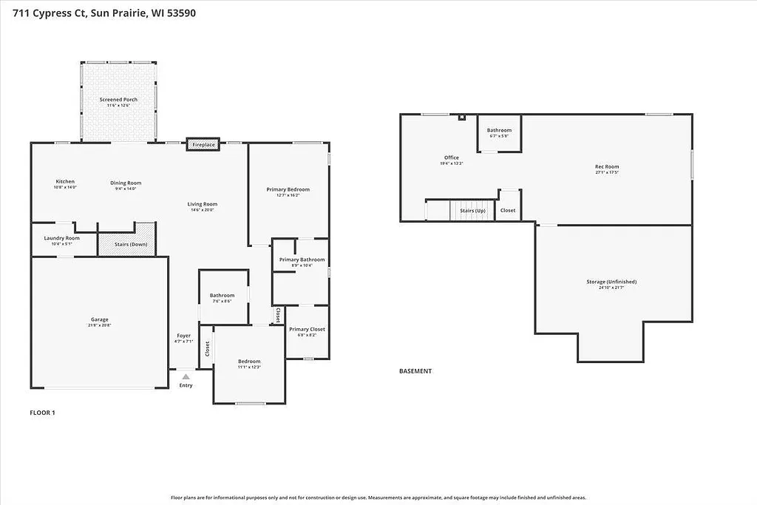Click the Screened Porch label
pyautogui.click(x=118, y=100)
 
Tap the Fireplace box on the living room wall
pyautogui.click(x=203, y=145)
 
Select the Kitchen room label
pyautogui.click(x=65, y=182)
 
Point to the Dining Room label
pyautogui.click(x=126, y=183)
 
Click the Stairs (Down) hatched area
pyautogui.click(x=126, y=244)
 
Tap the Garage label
pyautogui.click(x=99, y=319)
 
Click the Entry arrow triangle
pyautogui.click(x=186, y=377)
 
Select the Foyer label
pyautogui.click(x=183, y=336)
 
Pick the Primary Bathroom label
pyautogui.click(x=302, y=260)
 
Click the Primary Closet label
pyautogui.click(x=307, y=329)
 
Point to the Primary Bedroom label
pyautogui.click(x=288, y=189)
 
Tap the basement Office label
pyautogui.click(x=452, y=157)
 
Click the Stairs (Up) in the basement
pyautogui.click(x=472, y=211)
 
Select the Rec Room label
pyautogui.click(x=607, y=167)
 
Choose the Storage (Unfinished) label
pyautogui.click(x=611, y=282)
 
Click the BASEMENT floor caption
pyautogui.click(x=415, y=371)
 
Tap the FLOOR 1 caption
pyautogui.click(x=42, y=413)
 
